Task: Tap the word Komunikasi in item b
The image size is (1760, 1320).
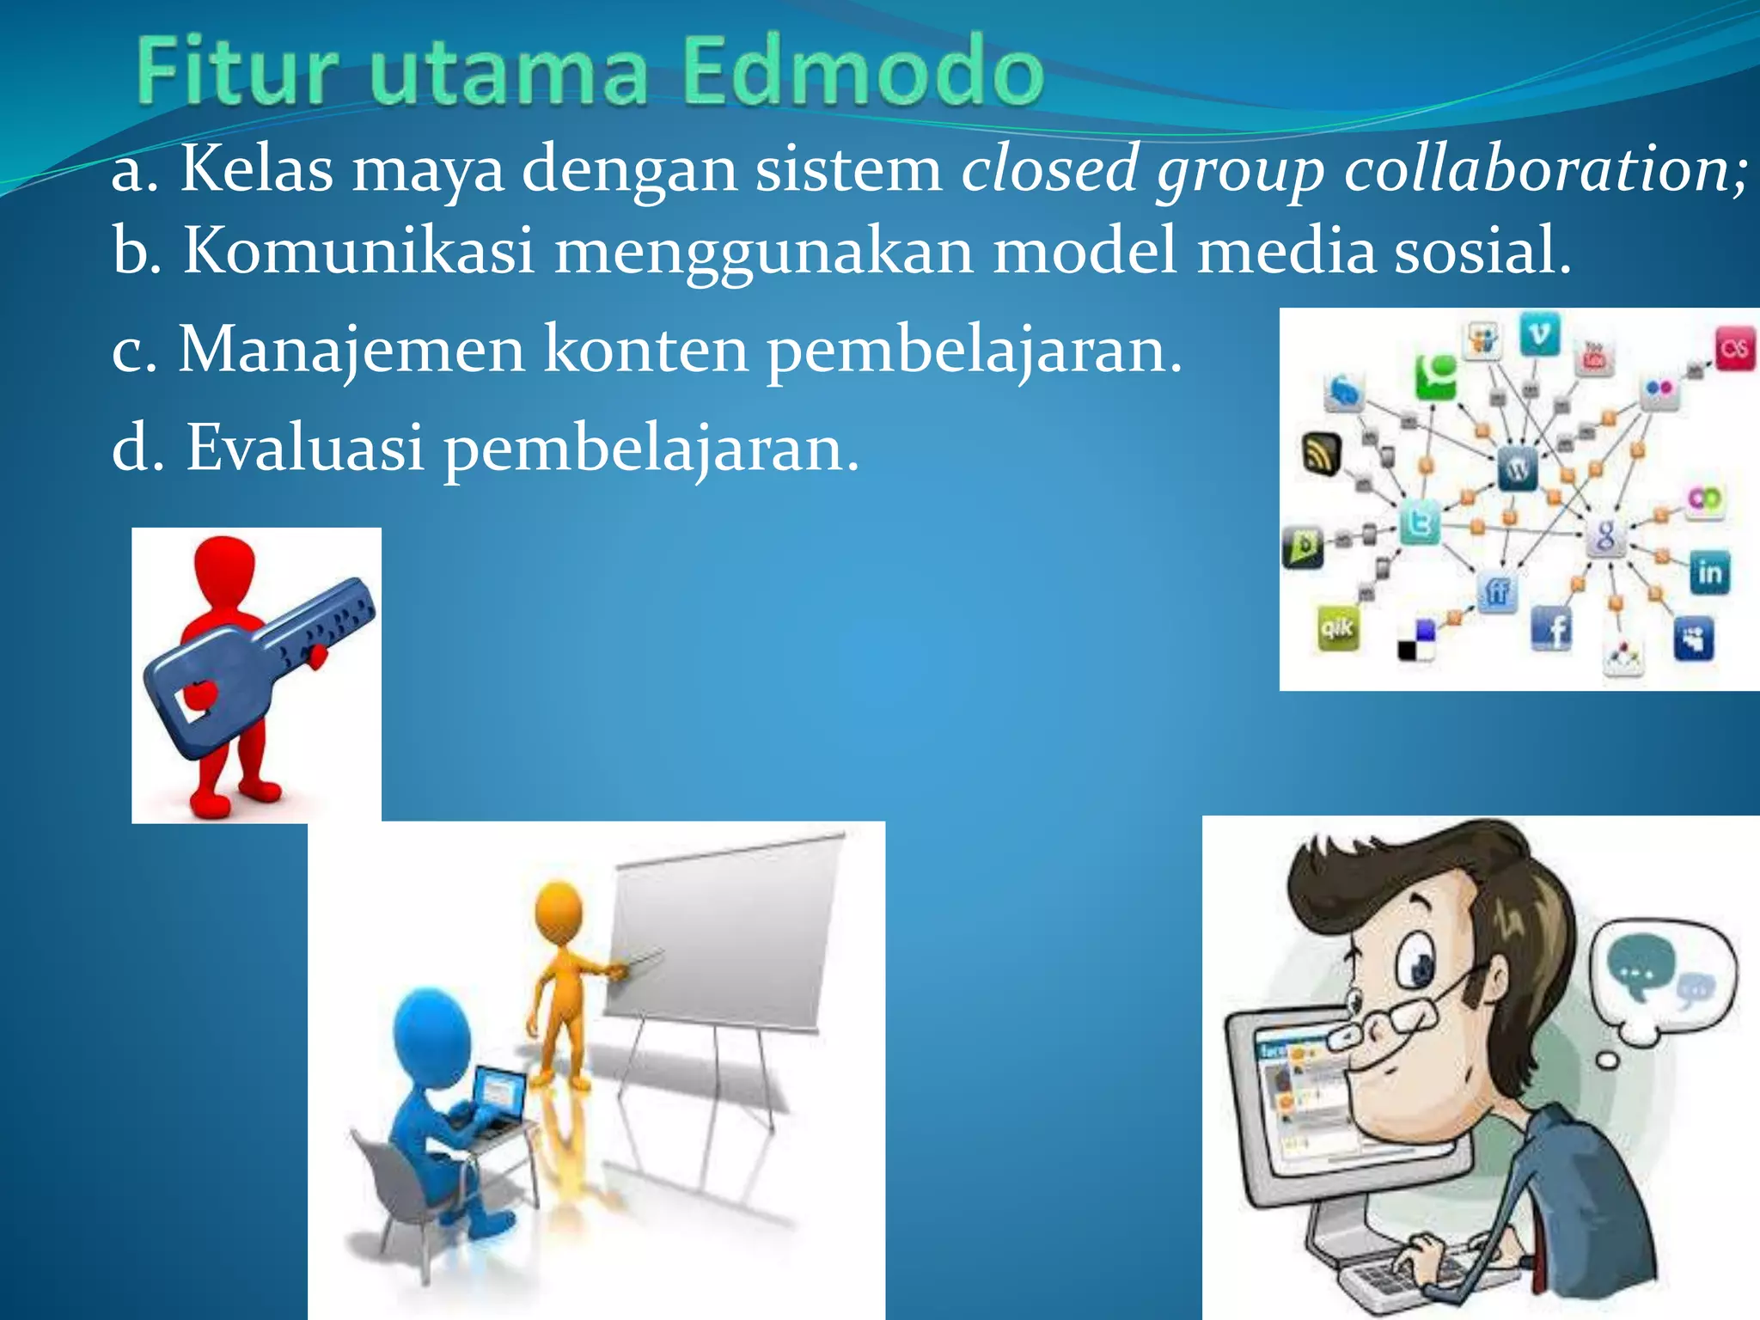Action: click(x=359, y=250)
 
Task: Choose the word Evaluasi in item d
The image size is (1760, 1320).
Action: click(x=305, y=448)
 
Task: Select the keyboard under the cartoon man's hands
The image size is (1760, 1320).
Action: click(x=1409, y=1280)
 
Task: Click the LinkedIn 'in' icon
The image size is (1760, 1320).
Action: click(x=1709, y=572)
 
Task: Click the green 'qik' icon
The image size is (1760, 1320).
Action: click(x=1337, y=628)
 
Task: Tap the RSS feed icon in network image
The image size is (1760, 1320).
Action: click(x=1321, y=453)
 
